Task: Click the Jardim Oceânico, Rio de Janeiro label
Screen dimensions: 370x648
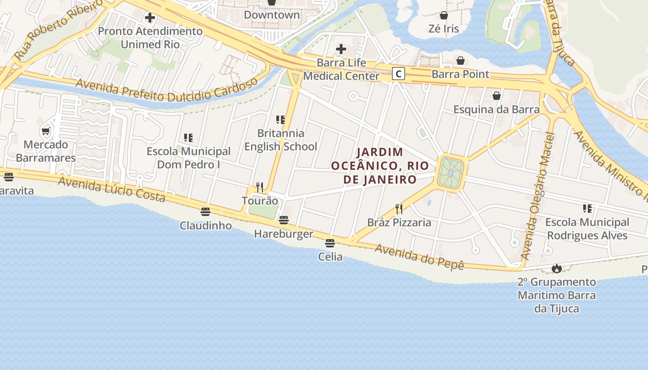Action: click(x=374, y=166)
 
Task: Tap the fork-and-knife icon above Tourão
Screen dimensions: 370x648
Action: click(x=260, y=187)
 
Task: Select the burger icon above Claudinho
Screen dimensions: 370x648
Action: click(x=206, y=212)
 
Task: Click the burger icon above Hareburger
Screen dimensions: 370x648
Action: click(x=284, y=220)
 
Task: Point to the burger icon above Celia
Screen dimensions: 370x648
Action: click(x=330, y=243)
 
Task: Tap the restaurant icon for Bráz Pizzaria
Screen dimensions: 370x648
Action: click(x=399, y=209)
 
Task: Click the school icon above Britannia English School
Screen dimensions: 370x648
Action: click(x=280, y=120)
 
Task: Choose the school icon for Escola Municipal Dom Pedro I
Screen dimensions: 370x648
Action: click(x=188, y=137)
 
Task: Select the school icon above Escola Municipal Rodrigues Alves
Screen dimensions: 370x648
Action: click(x=587, y=209)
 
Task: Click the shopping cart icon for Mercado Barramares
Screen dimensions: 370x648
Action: click(x=46, y=131)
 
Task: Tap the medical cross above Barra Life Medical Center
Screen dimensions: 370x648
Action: click(x=341, y=49)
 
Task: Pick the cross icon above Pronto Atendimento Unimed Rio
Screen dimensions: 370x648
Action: click(x=150, y=18)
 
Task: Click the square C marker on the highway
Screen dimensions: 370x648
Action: click(x=399, y=74)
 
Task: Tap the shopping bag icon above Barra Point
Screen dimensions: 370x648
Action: click(x=461, y=61)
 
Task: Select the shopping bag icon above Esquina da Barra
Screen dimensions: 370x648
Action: click(x=497, y=96)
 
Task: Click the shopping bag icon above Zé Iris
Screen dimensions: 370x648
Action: click(x=444, y=15)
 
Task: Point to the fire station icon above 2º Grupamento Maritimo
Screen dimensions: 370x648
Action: click(x=556, y=268)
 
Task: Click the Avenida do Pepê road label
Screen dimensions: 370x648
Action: click(x=419, y=257)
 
